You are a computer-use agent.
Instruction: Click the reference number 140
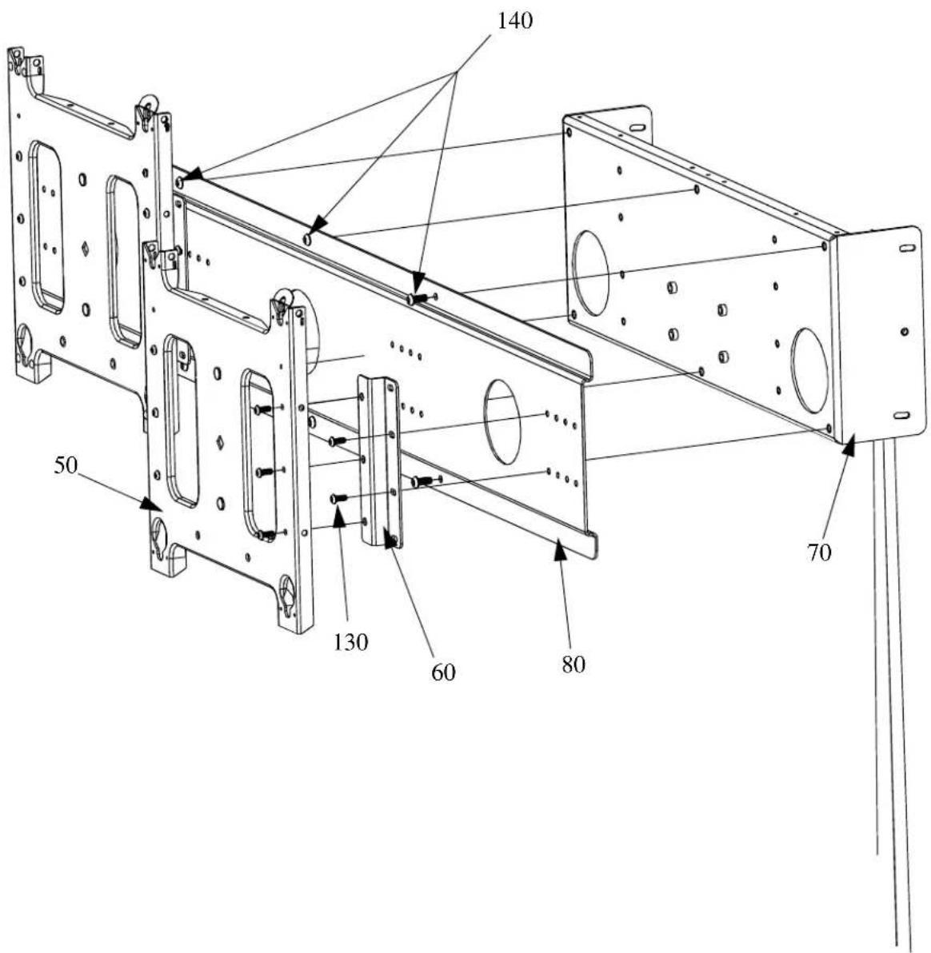click(515, 22)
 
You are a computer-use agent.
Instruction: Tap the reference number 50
click(66, 466)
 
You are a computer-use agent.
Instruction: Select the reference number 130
click(351, 642)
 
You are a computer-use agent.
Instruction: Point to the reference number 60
click(443, 672)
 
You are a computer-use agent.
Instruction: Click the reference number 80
click(573, 664)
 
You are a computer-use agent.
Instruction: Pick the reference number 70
click(819, 552)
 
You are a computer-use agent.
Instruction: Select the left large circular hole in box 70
click(589, 273)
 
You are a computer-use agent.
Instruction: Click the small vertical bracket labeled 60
click(379, 463)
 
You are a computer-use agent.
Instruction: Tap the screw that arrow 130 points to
click(338, 498)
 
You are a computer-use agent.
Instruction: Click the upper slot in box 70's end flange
click(906, 249)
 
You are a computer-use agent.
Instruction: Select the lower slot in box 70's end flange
click(902, 416)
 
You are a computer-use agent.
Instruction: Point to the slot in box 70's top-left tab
click(637, 127)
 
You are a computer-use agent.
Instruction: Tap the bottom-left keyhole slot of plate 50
click(160, 536)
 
